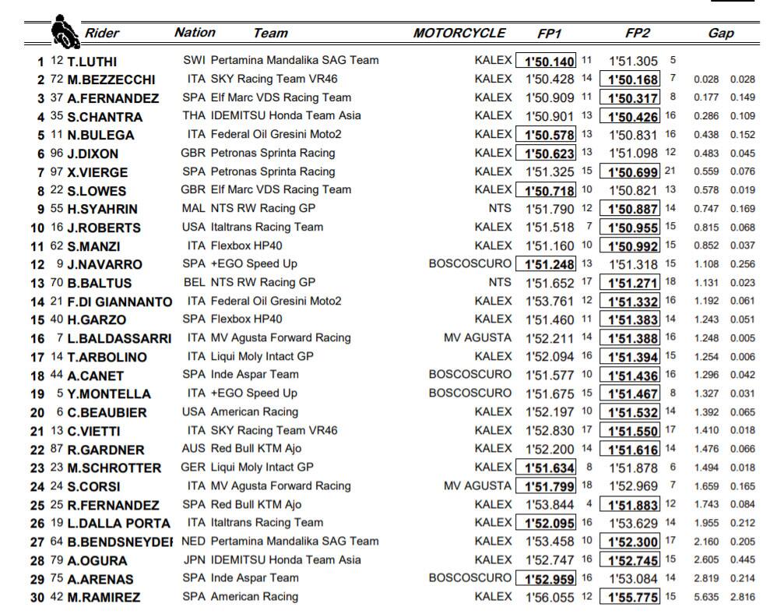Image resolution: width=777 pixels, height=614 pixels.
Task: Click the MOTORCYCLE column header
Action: [x=459, y=34]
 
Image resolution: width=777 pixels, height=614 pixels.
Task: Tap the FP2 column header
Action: [x=638, y=34]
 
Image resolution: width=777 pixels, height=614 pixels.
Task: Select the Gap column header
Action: [x=721, y=34]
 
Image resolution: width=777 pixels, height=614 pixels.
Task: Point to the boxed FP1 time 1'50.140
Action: [x=546, y=61]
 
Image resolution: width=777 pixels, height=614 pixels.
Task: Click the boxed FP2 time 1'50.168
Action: [x=633, y=79]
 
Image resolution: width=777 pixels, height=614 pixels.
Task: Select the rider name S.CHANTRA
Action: [x=111, y=117]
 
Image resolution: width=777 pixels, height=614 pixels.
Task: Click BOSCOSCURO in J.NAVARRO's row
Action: [x=470, y=263]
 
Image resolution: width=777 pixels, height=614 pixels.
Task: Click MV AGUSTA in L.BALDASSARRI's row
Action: [x=477, y=337]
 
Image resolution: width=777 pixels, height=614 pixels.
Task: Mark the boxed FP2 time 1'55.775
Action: [x=633, y=597]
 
